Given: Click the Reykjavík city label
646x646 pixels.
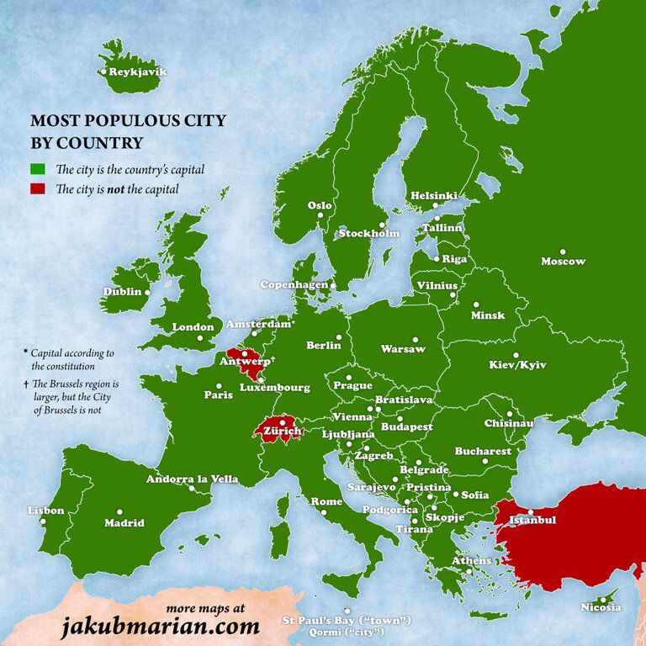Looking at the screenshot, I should click(138, 72).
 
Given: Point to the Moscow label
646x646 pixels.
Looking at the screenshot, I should click(563, 262).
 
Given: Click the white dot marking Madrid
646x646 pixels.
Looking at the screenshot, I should click(119, 511).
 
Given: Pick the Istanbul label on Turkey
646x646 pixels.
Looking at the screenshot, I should click(531, 521).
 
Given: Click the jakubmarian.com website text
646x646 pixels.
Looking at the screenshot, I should click(159, 625).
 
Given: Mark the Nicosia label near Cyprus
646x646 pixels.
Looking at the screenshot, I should click(601, 607).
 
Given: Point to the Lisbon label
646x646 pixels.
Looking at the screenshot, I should click(45, 511).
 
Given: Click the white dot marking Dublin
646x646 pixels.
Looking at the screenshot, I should click(148, 293).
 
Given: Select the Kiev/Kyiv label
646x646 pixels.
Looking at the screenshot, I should click(517, 366).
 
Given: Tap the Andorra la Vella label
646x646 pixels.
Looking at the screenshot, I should click(192, 479).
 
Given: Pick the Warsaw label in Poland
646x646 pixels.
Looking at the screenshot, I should click(398, 348).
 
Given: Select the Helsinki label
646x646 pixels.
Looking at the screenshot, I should click(434, 196).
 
